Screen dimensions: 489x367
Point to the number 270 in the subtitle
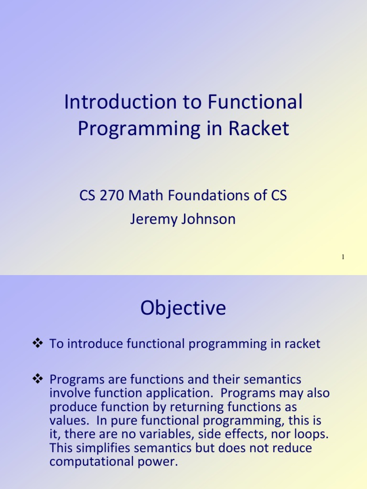(111, 195)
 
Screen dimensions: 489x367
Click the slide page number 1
(343, 257)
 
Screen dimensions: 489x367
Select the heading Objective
(183, 308)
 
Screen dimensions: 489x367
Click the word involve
(71, 393)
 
